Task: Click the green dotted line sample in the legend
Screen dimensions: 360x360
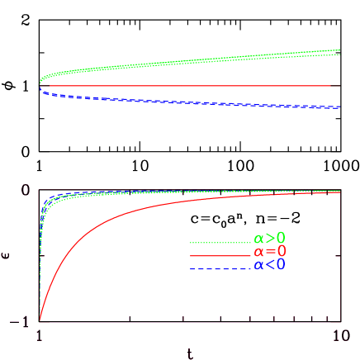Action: click(220, 243)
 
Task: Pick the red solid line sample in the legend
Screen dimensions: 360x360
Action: click(220, 256)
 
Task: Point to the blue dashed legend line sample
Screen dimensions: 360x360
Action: click(220, 268)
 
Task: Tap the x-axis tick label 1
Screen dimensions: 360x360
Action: click(39, 337)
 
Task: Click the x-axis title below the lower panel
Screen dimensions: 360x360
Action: click(189, 353)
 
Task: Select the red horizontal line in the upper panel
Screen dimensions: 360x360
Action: click(190, 85)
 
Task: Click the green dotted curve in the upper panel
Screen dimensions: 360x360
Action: click(190, 64)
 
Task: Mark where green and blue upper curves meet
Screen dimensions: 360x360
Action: click(40, 83)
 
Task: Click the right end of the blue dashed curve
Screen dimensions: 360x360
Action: click(339, 107)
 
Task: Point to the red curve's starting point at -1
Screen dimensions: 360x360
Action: click(40, 320)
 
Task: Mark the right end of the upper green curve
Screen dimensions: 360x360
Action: click(340, 52)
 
